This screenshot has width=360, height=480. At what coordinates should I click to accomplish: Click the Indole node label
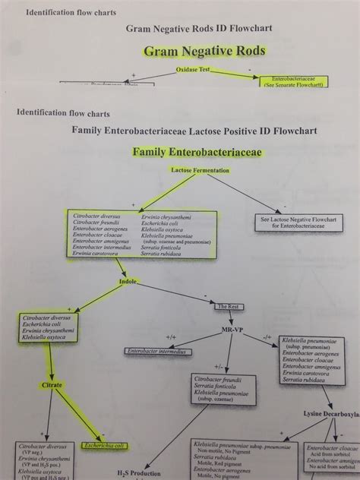pos(127,281)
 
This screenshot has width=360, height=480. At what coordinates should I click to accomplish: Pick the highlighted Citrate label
pos(52,385)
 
